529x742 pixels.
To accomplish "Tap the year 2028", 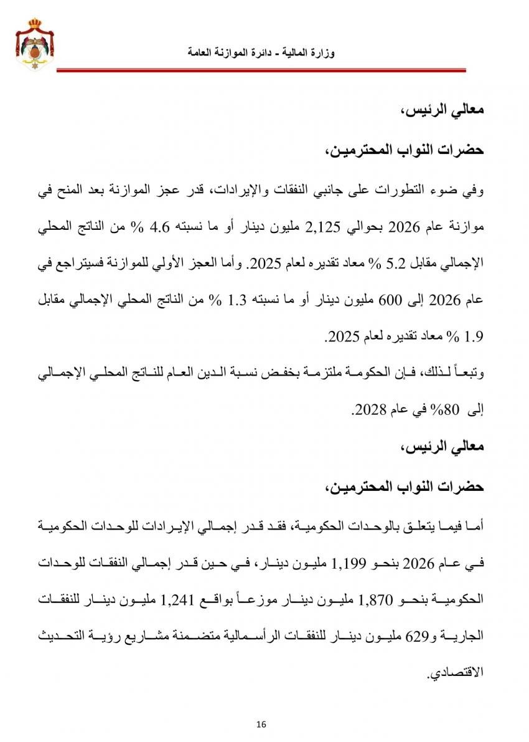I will click(x=367, y=409).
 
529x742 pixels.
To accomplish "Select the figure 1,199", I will click(x=352, y=564).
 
